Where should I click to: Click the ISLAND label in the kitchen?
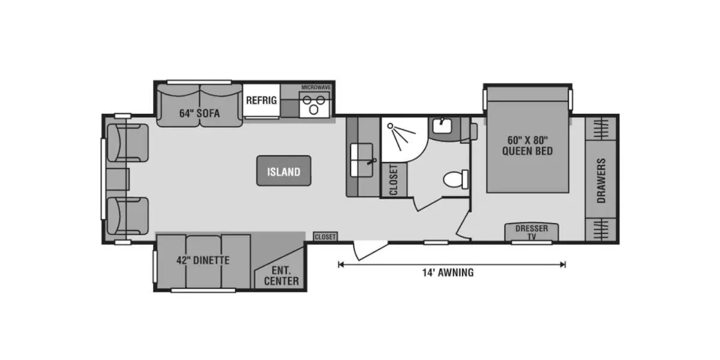(284, 172)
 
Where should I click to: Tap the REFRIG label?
(262, 100)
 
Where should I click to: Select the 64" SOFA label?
(200, 113)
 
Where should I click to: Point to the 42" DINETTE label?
(203, 260)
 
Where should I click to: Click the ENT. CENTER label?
(281, 276)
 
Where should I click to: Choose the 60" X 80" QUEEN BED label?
(527, 146)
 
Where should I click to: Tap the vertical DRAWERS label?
(601, 181)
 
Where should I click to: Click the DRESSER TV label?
(532, 232)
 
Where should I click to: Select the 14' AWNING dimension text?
(448, 272)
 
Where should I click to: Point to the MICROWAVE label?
(316, 88)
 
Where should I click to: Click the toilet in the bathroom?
(456, 179)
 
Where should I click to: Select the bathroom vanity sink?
(442, 125)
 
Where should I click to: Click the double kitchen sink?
(362, 160)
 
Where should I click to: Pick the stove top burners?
(314, 105)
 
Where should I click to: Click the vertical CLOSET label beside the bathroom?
(394, 180)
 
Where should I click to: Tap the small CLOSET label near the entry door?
(325, 237)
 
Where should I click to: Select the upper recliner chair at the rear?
(128, 143)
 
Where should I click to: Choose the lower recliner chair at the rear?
(128, 216)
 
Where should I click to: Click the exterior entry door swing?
(370, 250)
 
